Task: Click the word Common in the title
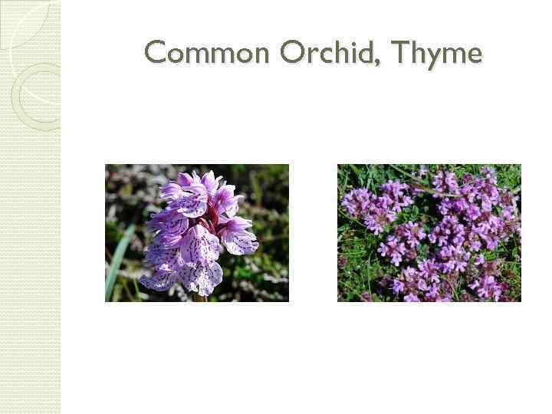pos(207,53)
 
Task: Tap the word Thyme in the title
pos(435,54)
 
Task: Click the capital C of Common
pos(156,53)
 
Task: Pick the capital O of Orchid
pos(293,53)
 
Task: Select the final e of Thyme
pos(474,56)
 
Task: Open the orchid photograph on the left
pos(197,232)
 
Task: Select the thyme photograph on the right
pos(429,232)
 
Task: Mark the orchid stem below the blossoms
pos(201,296)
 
